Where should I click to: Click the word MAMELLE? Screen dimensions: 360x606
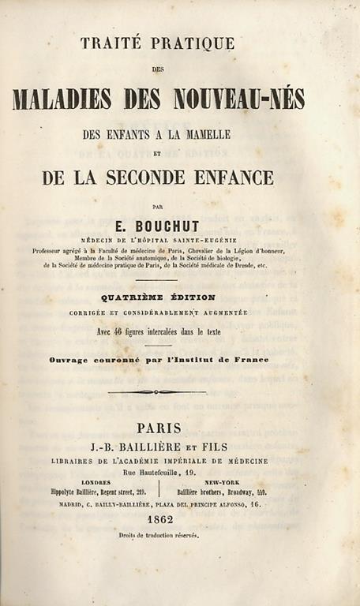pos(208,135)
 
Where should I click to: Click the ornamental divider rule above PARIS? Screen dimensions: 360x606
pos(157,392)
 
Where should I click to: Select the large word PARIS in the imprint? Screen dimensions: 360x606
pos(159,428)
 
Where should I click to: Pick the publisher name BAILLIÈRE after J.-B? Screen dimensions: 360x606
pos(170,447)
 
